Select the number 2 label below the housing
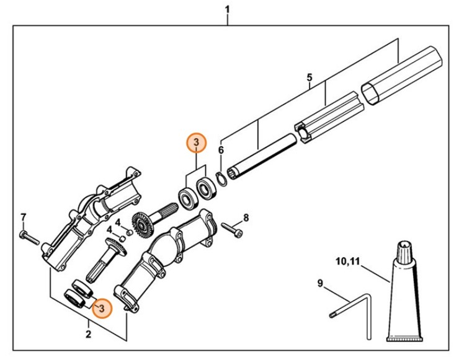pyautogui.click(x=88, y=335)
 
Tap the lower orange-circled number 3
pyautogui.click(x=102, y=307)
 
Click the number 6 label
pyautogui.click(x=221, y=150)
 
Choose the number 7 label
pyautogui.click(x=23, y=217)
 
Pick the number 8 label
pyautogui.click(x=246, y=217)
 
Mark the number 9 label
pyautogui.click(x=320, y=284)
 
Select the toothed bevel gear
pyautogui.click(x=142, y=223)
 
